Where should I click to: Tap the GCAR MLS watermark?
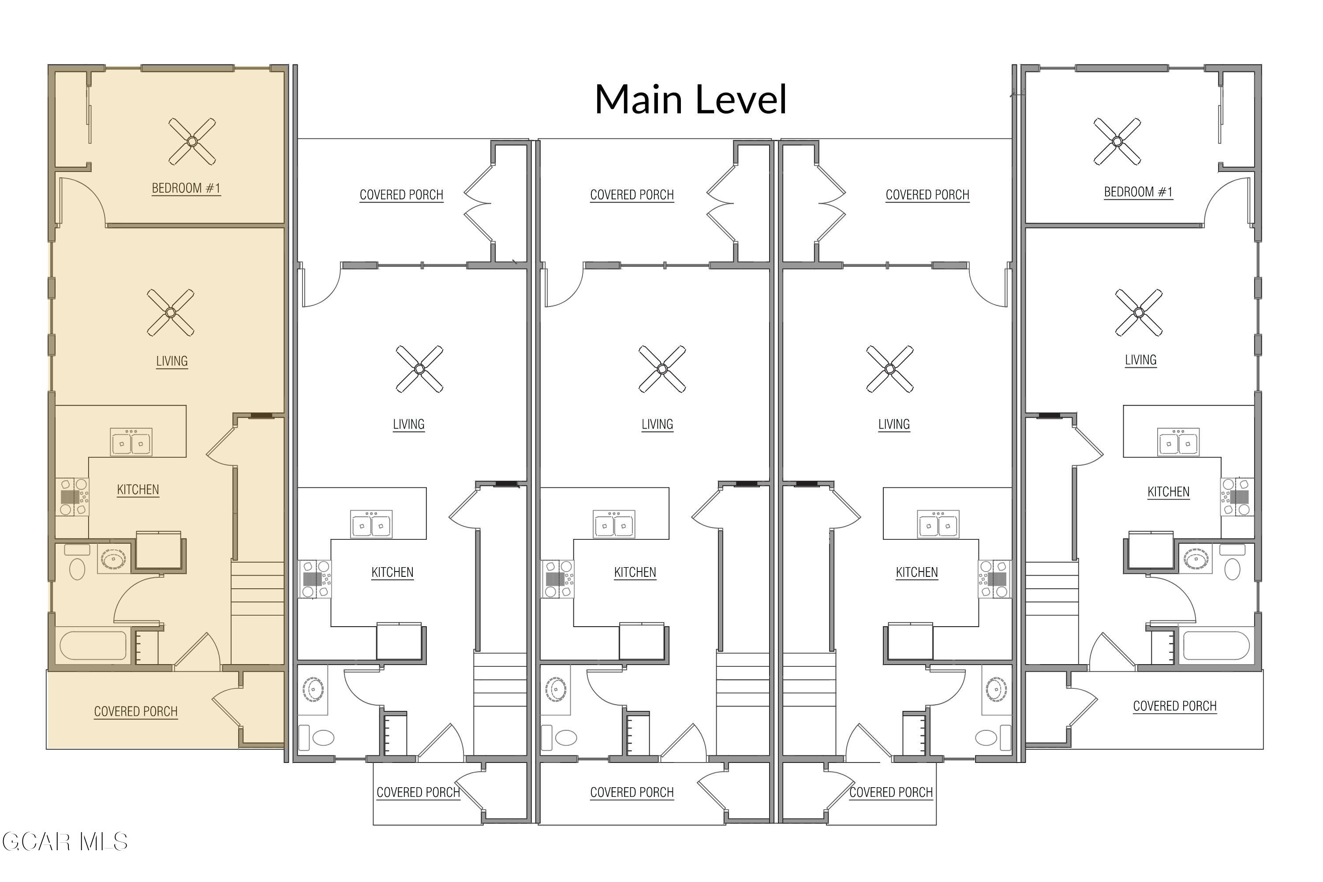[65, 842]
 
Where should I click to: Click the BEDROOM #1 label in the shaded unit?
[186, 188]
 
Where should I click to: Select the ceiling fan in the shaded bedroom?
[192, 141]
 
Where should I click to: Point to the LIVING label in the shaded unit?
[172, 361]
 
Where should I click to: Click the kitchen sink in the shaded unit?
[131, 443]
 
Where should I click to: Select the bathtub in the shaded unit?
[93, 646]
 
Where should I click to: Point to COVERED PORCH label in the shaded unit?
[135, 711]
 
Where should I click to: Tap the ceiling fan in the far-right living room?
[1139, 312]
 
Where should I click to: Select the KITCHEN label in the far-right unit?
[1168, 492]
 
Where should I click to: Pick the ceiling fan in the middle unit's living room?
[662, 369]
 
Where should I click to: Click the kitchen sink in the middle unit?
[614, 524]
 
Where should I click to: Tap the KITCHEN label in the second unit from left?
[392, 572]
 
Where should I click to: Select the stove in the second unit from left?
[314, 579]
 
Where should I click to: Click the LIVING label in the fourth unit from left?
[894, 424]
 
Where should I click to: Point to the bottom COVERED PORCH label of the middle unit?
[632, 792]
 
